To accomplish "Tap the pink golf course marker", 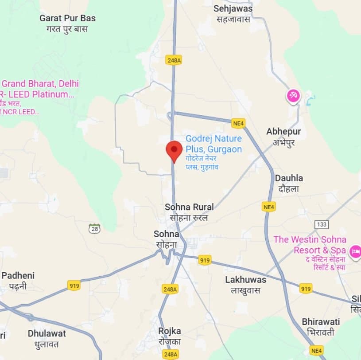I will [x=293, y=95].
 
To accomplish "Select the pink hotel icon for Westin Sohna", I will [x=355, y=252].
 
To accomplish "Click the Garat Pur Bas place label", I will [x=67, y=19].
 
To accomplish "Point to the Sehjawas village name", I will [x=233, y=9].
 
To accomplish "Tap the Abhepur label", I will [x=283, y=132].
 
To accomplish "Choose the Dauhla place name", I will [x=289, y=178].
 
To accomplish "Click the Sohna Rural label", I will [x=189, y=207].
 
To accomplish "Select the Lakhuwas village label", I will [x=245, y=280].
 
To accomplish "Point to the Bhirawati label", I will [x=321, y=321].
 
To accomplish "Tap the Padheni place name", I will [x=18, y=275].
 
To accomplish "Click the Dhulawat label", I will [x=47, y=333].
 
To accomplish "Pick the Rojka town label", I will [x=170, y=331].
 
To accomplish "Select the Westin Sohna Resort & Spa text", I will [x=310, y=245].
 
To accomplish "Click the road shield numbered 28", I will [x=94, y=229].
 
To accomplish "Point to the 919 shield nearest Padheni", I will [x=74, y=286].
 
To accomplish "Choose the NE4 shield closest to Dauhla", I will [x=269, y=207].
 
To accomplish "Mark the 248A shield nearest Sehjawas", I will [x=173, y=59].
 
